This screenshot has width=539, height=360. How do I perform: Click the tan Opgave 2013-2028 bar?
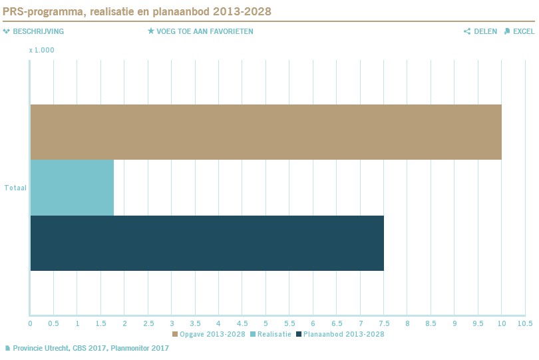click(266, 132)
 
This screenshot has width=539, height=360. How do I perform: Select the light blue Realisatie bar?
click(72, 188)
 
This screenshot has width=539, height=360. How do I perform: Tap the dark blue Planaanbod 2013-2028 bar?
click(207, 243)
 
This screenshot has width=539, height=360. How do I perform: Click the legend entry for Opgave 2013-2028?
click(209, 334)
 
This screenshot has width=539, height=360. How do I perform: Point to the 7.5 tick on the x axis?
click(384, 323)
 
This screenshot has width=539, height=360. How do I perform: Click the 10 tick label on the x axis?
click(502, 323)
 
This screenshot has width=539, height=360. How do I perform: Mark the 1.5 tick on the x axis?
click(100, 323)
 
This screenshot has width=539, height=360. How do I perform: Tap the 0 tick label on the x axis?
click(30, 323)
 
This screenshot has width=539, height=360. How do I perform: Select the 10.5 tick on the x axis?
click(526, 323)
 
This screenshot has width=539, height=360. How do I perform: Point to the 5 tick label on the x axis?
click(266, 323)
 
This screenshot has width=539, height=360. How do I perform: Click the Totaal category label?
click(15, 188)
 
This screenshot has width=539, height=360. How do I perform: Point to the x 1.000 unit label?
click(41, 50)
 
